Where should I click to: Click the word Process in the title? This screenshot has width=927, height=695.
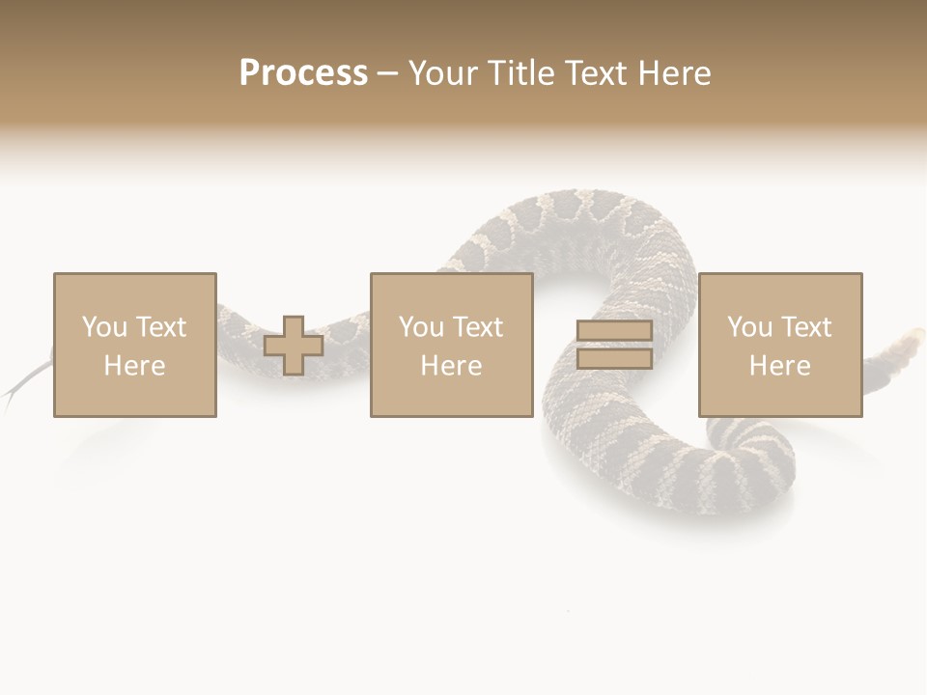pyautogui.click(x=303, y=73)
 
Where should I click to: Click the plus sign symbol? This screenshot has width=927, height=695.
pyautogui.click(x=294, y=346)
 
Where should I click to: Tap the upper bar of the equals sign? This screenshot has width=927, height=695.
pyautogui.click(x=614, y=331)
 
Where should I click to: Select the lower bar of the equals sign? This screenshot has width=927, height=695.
pyautogui.click(x=614, y=359)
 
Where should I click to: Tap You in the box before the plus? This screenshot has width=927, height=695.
pyautogui.click(x=104, y=327)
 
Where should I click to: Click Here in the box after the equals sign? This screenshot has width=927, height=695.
pyautogui.click(x=780, y=366)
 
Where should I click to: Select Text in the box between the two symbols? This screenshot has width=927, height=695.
pyautogui.click(x=477, y=327)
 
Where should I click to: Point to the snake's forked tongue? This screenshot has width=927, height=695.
pyautogui.click(x=21, y=386)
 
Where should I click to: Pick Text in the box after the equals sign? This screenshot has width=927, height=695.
pyautogui.click(x=805, y=327)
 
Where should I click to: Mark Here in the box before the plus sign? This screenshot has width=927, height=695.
pyautogui.click(x=135, y=366)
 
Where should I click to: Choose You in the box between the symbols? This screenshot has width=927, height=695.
pyautogui.click(x=421, y=327)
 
